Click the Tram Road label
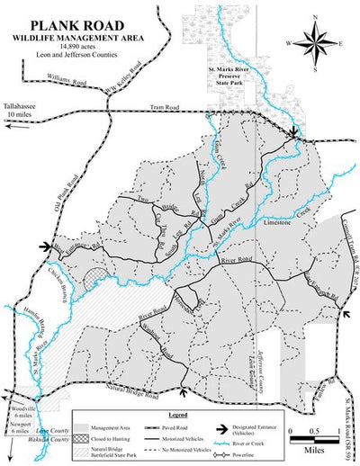click(x=191, y=106)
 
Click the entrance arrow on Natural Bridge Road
click(x=183, y=391)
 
